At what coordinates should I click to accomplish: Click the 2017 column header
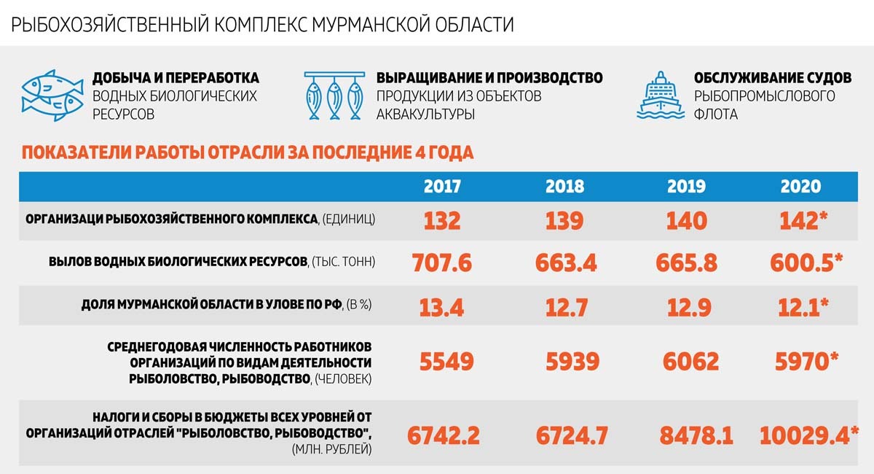(x=442, y=187)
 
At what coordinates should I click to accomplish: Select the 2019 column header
(x=686, y=187)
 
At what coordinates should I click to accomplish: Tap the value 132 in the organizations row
(x=442, y=221)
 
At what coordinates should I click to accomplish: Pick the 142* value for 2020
(x=803, y=221)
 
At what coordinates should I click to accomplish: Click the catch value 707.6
(x=441, y=263)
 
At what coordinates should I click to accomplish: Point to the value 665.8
(x=686, y=263)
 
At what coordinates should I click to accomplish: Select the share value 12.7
(x=566, y=308)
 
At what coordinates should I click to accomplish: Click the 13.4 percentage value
(x=441, y=308)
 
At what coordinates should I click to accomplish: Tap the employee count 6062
(x=690, y=362)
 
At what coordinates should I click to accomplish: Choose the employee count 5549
(x=446, y=362)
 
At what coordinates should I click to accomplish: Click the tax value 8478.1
(x=696, y=435)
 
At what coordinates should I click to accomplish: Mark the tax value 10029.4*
(x=809, y=435)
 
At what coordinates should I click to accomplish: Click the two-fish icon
(x=52, y=96)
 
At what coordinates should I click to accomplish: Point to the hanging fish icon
(x=335, y=96)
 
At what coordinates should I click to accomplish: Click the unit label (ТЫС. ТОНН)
(x=343, y=261)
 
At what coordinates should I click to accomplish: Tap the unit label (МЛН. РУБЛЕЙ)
(x=331, y=449)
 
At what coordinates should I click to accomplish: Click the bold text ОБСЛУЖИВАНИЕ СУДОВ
(x=773, y=78)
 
